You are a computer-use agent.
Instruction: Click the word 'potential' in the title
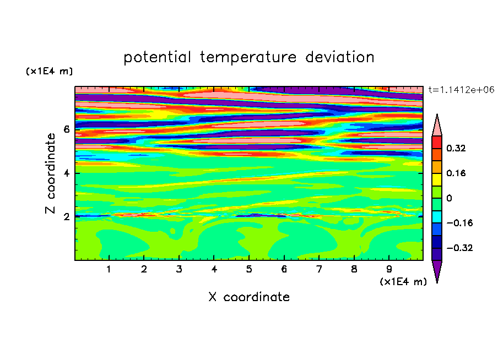click(x=157, y=58)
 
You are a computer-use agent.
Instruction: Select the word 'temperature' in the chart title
click(x=248, y=58)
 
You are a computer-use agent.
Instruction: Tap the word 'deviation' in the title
click(x=340, y=57)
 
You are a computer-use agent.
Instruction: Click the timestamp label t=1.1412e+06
click(x=461, y=90)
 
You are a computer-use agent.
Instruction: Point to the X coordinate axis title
click(x=249, y=297)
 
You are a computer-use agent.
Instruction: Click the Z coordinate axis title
click(x=50, y=173)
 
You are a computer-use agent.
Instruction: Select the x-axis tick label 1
click(x=109, y=269)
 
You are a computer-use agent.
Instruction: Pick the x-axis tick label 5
click(x=249, y=269)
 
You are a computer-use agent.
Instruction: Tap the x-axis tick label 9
click(x=389, y=269)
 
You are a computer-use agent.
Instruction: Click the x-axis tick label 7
click(x=319, y=269)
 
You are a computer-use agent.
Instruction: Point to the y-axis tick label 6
click(x=66, y=129)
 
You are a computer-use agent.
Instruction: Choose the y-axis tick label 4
click(x=66, y=173)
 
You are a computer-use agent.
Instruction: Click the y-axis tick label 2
click(x=66, y=217)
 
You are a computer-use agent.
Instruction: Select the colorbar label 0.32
click(x=456, y=148)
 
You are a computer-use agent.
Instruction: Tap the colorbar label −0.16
click(x=459, y=223)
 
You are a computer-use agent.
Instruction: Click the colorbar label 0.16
click(x=456, y=173)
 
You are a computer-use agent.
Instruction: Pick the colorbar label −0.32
click(x=459, y=248)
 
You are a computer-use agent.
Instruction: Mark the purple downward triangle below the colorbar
click(x=437, y=269)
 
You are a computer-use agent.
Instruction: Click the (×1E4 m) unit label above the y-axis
click(x=49, y=71)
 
